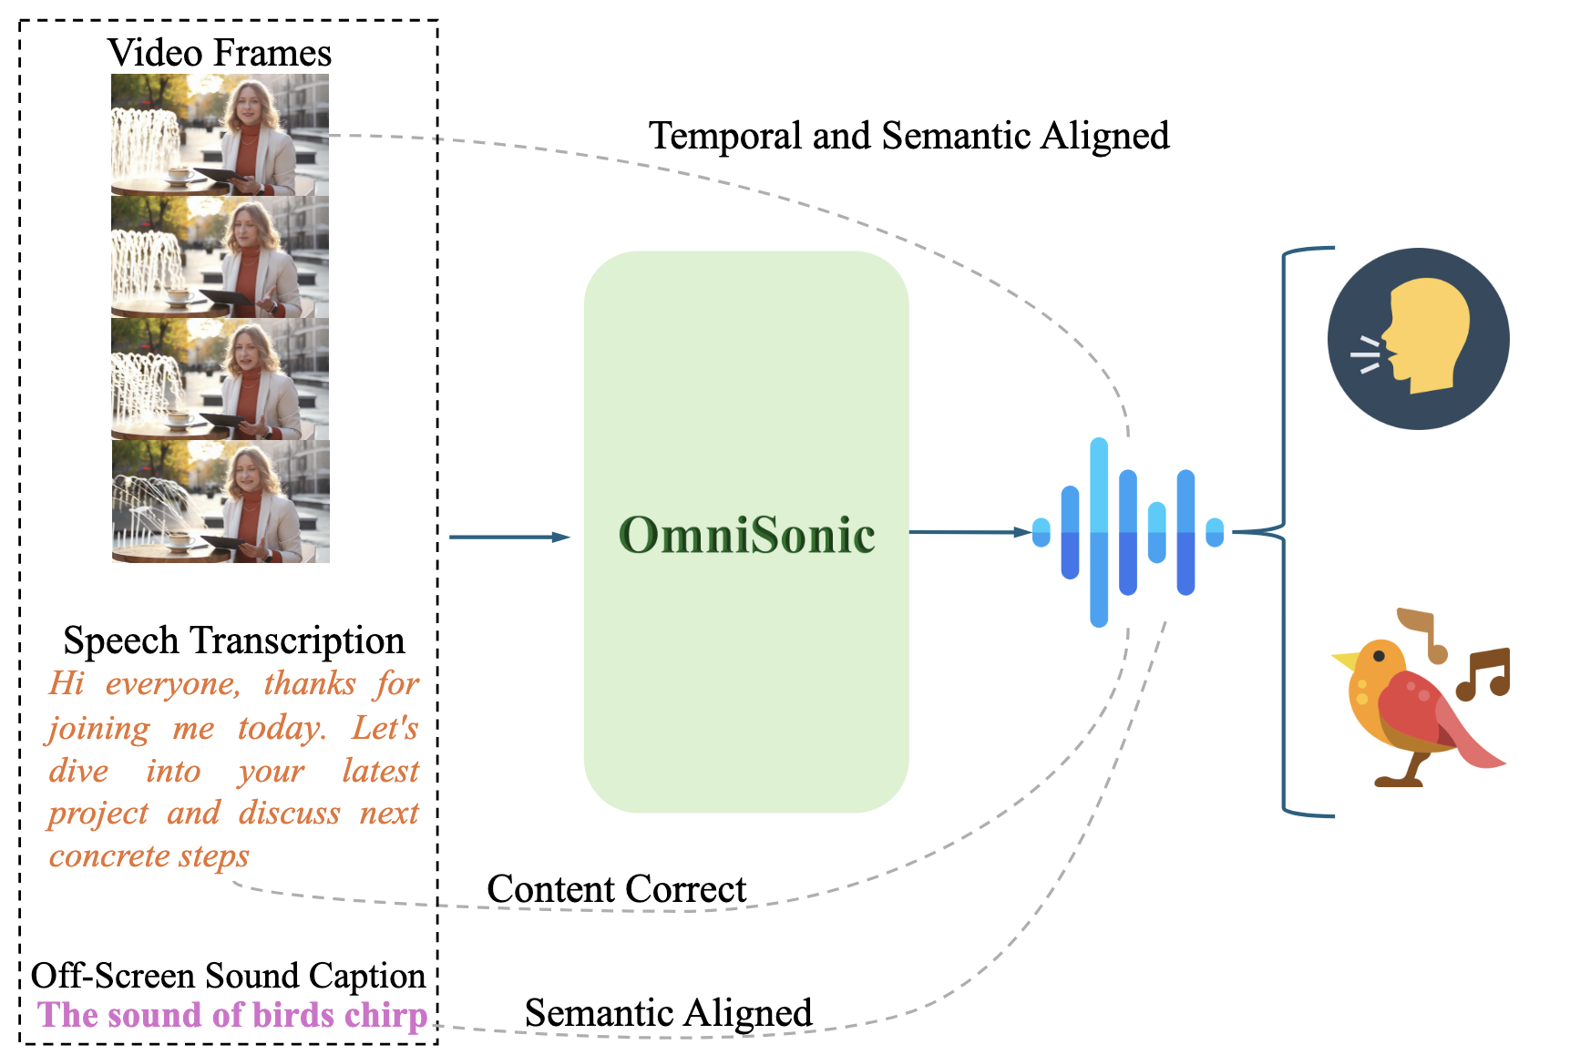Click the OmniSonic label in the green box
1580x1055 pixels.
pyautogui.click(x=746, y=535)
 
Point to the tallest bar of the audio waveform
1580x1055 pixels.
pyautogui.click(x=1099, y=533)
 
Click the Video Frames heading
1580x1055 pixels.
pyautogui.click(x=220, y=53)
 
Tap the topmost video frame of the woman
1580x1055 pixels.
pyautogui.click(x=220, y=134)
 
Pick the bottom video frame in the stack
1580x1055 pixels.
pyautogui.click(x=220, y=502)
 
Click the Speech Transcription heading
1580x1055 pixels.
pyautogui.click(x=233, y=640)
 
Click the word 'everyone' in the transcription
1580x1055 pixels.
pyautogui.click(x=172, y=683)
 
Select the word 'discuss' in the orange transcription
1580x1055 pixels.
pyautogui.click(x=289, y=813)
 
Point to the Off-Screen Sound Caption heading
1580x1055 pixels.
pyautogui.click(x=228, y=976)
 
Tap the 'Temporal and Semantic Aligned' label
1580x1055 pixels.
pyautogui.click(x=908, y=136)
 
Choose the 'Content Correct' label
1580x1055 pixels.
pyautogui.click(x=616, y=889)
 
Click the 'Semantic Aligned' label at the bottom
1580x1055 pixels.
pyautogui.click(x=668, y=1013)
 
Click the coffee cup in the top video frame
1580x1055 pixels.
pyautogui.click(x=180, y=173)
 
